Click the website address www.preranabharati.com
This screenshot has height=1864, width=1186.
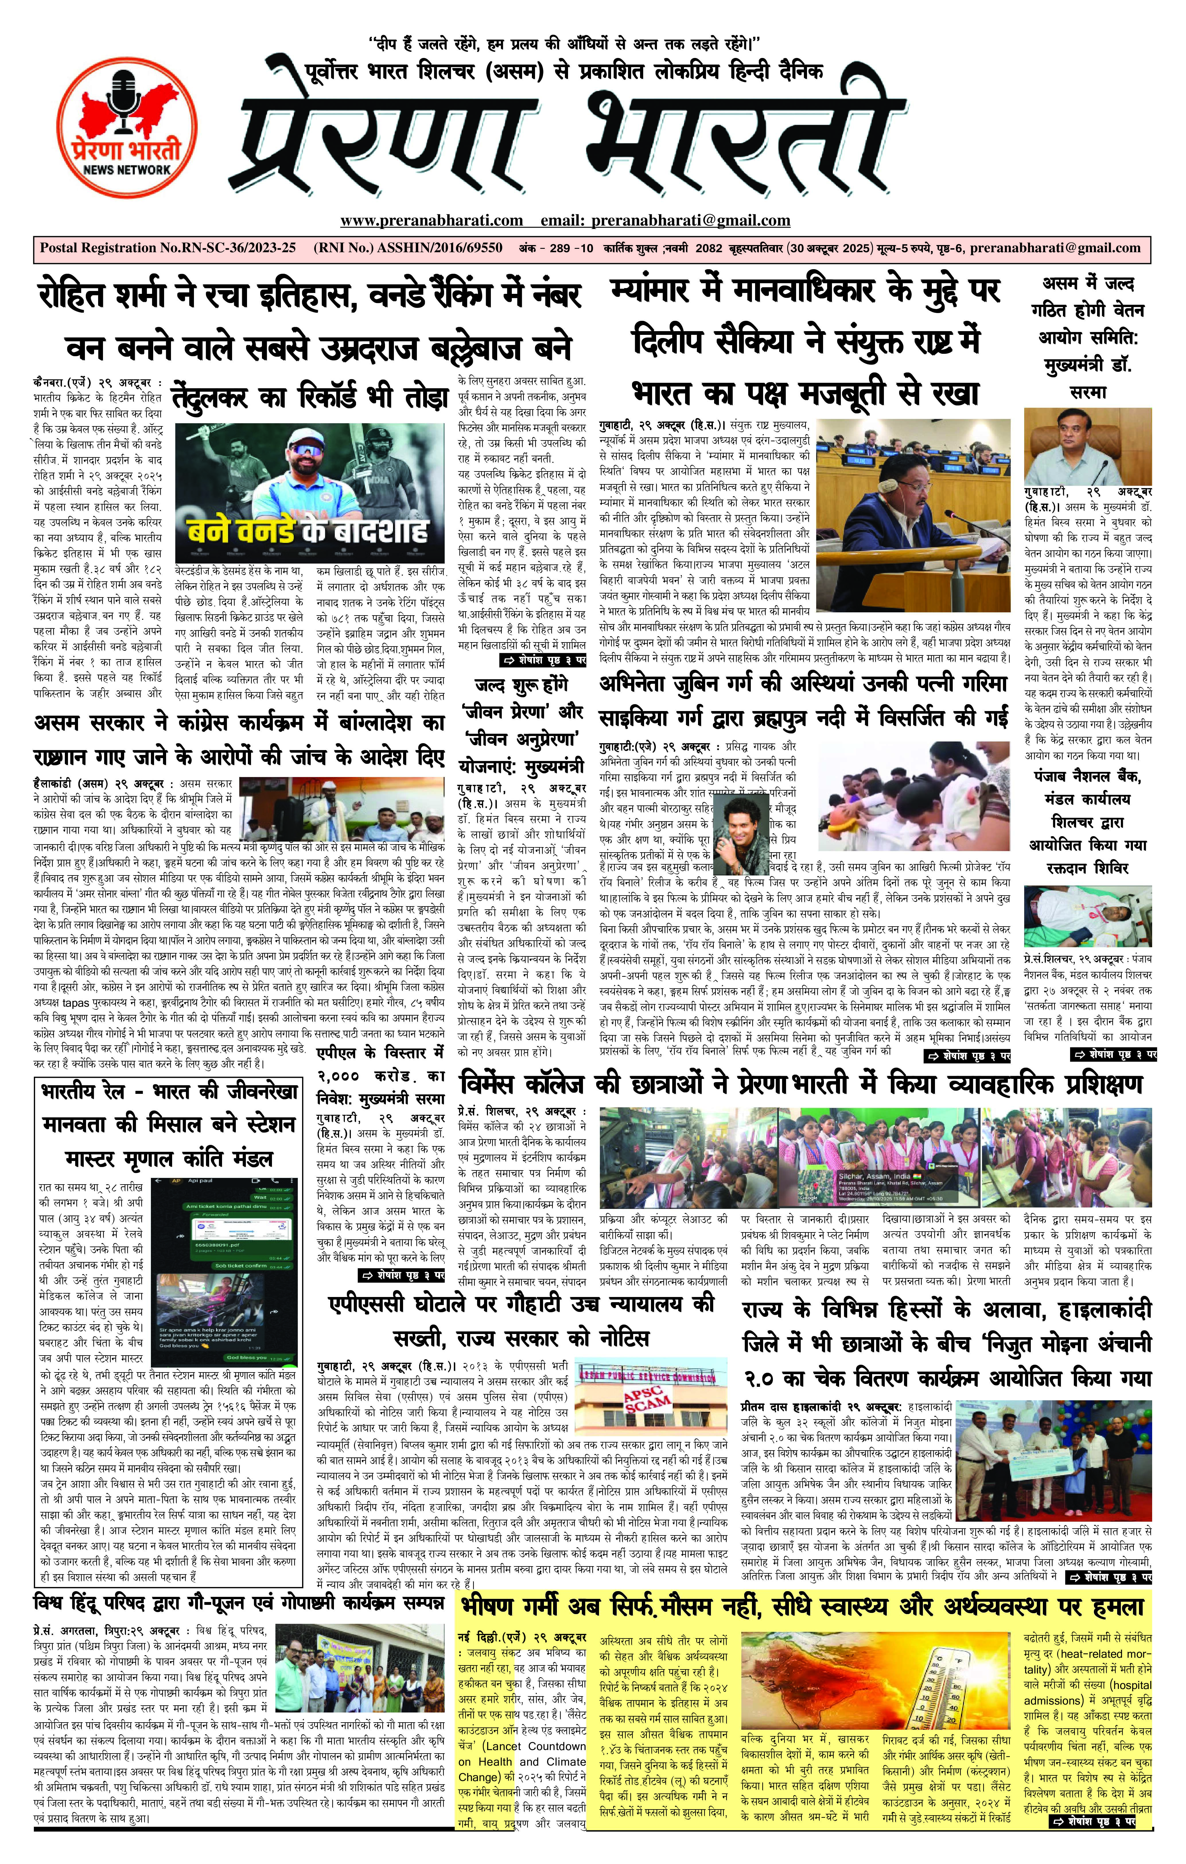(x=431, y=221)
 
